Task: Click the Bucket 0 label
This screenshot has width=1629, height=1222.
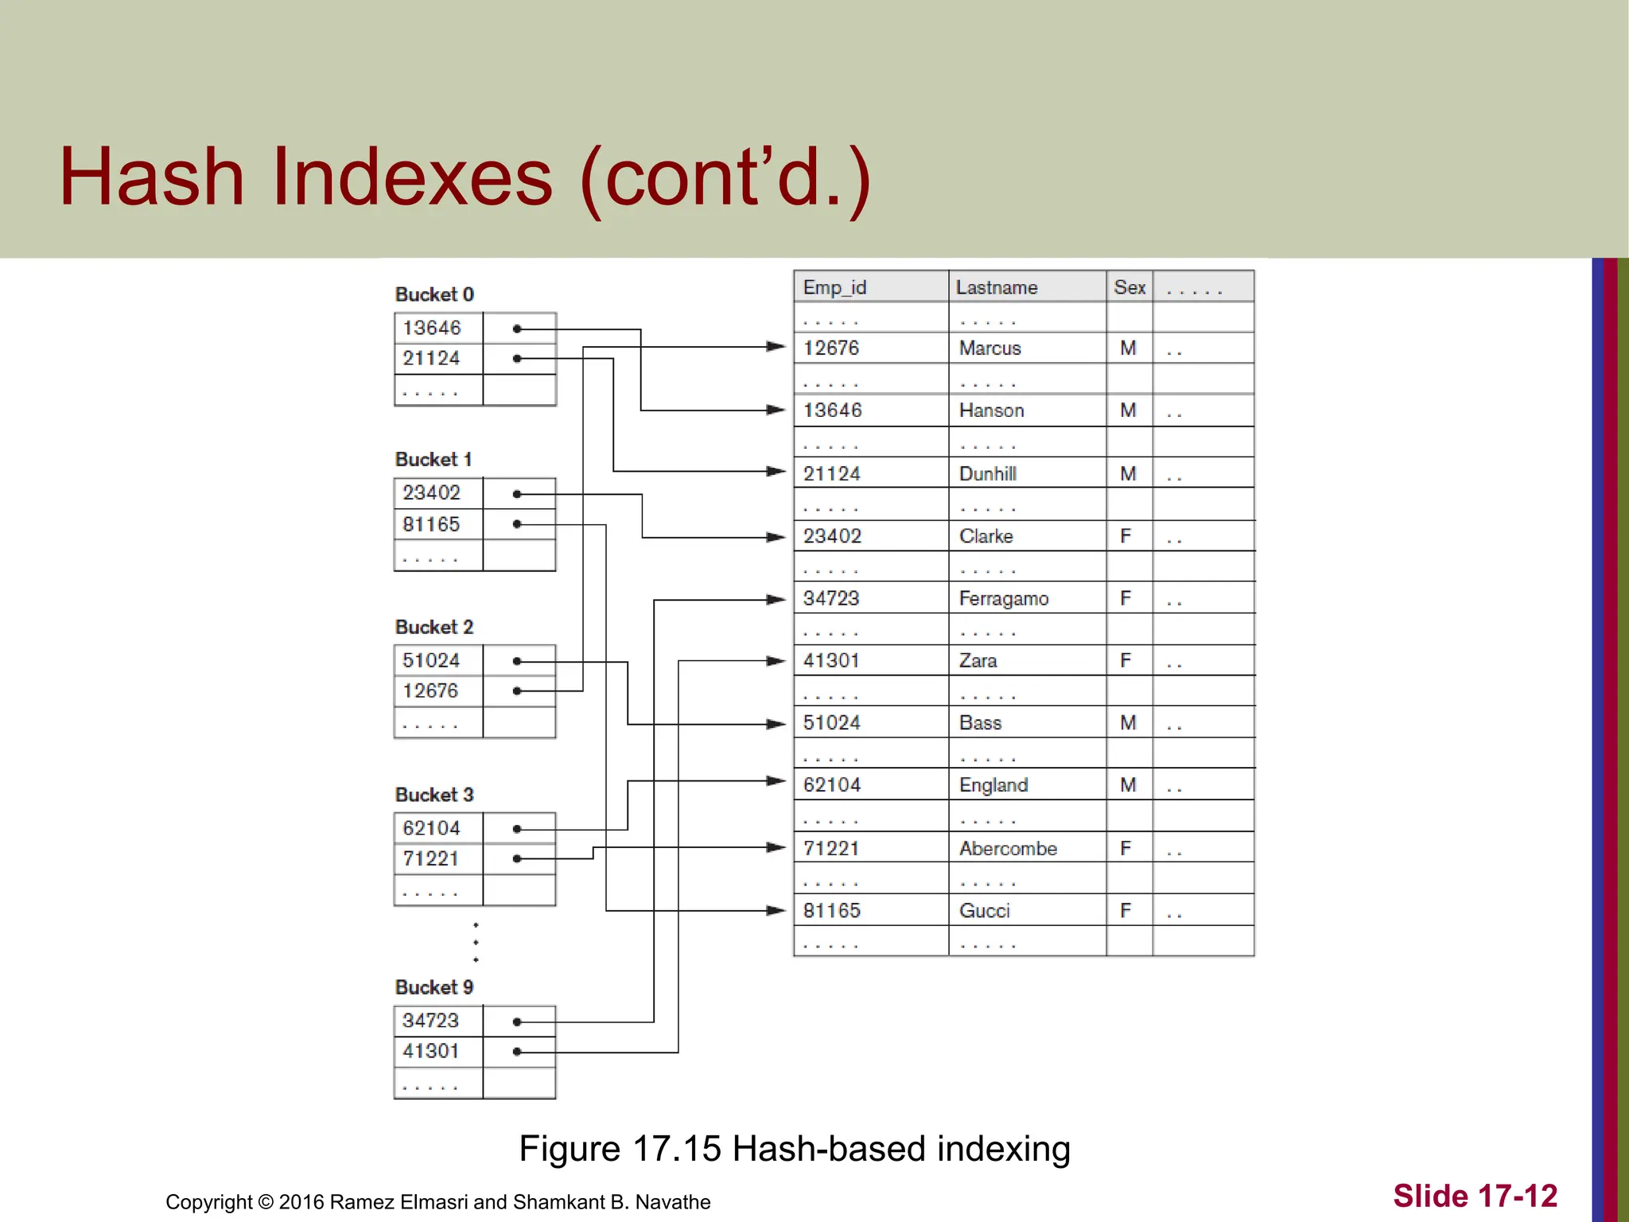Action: pos(434,294)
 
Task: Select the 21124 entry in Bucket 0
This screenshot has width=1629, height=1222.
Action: pos(431,359)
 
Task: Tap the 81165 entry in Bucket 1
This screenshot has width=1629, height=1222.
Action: pos(431,524)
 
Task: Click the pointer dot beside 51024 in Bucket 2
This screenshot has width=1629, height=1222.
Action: pos(517,661)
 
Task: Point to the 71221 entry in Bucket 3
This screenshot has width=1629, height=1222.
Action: pos(431,859)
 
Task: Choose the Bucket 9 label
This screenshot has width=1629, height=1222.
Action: pos(434,987)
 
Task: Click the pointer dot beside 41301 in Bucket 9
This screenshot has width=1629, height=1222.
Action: pos(517,1052)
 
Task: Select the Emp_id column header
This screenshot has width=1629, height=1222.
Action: pos(834,287)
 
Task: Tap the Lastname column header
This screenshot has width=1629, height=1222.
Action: pos(997,287)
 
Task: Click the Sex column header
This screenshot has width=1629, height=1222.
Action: pos(1129,287)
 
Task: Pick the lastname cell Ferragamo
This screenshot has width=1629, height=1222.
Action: pos(1004,598)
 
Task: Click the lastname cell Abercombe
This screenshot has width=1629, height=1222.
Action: pos(1008,848)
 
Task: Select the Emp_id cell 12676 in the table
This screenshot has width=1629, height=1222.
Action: pos(831,348)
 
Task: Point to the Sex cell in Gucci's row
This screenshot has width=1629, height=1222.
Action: pos(1126,910)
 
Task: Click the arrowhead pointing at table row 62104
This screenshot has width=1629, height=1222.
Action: pos(776,781)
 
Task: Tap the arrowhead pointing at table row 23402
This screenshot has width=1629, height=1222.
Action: pos(776,538)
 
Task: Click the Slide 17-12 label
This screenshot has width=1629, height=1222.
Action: pos(1475,1196)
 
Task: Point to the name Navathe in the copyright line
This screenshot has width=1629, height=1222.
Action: pos(672,1202)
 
